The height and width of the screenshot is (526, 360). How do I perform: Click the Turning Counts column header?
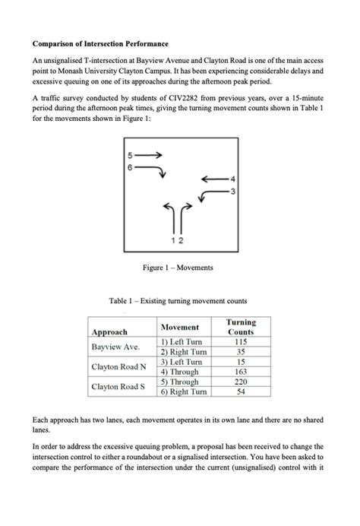click(241, 328)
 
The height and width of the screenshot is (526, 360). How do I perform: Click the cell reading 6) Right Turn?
click(182, 391)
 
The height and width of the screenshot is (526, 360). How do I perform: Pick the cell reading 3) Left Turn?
click(179, 363)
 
